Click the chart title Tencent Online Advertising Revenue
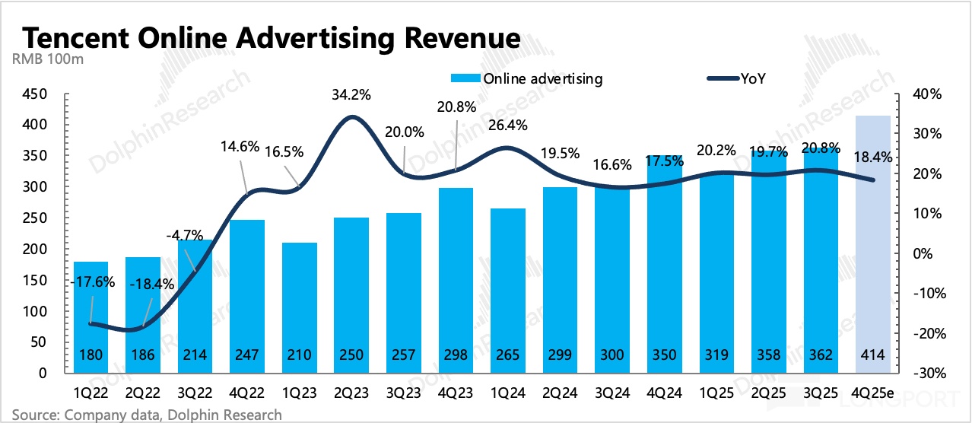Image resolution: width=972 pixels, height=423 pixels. coord(272,37)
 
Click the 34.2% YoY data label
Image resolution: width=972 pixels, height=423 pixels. coord(351,97)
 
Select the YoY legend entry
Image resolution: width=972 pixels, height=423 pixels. coord(753,78)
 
